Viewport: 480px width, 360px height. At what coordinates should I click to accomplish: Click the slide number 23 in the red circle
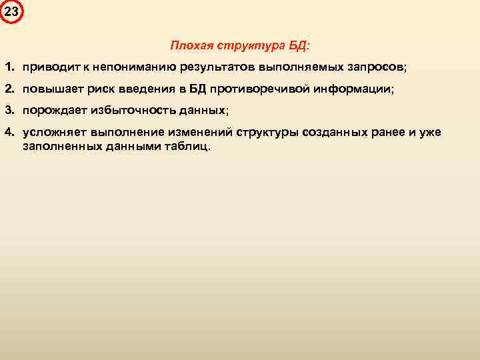(11, 11)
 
